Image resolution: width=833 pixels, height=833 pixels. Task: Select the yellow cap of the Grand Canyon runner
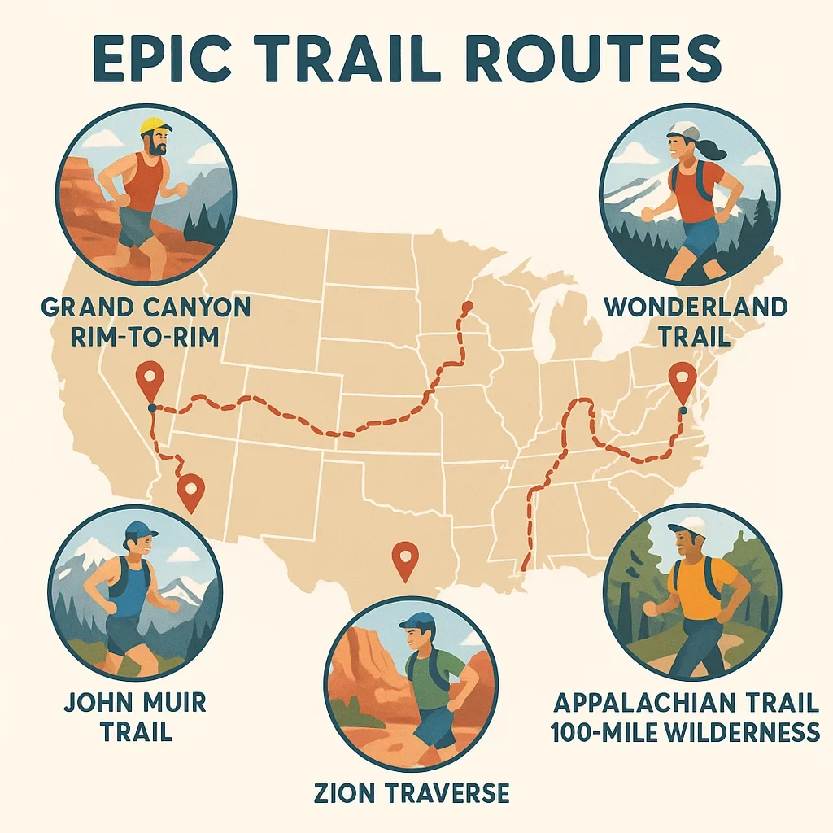point(155,127)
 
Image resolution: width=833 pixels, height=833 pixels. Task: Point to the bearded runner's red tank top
point(145,183)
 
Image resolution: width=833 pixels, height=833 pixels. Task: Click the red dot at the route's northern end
point(467,307)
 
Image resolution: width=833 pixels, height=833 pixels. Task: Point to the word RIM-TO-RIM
point(144,336)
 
